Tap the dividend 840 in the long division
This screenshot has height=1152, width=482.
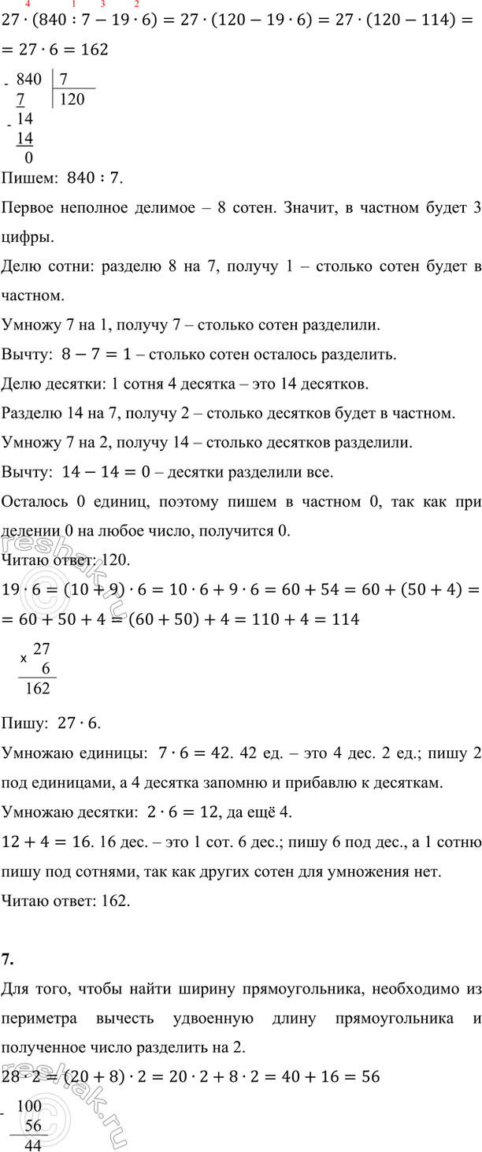[28, 78]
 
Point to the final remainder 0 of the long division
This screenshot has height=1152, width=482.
[28, 156]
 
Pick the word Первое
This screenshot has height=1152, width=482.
[29, 209]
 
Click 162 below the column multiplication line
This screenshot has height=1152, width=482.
[38, 688]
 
